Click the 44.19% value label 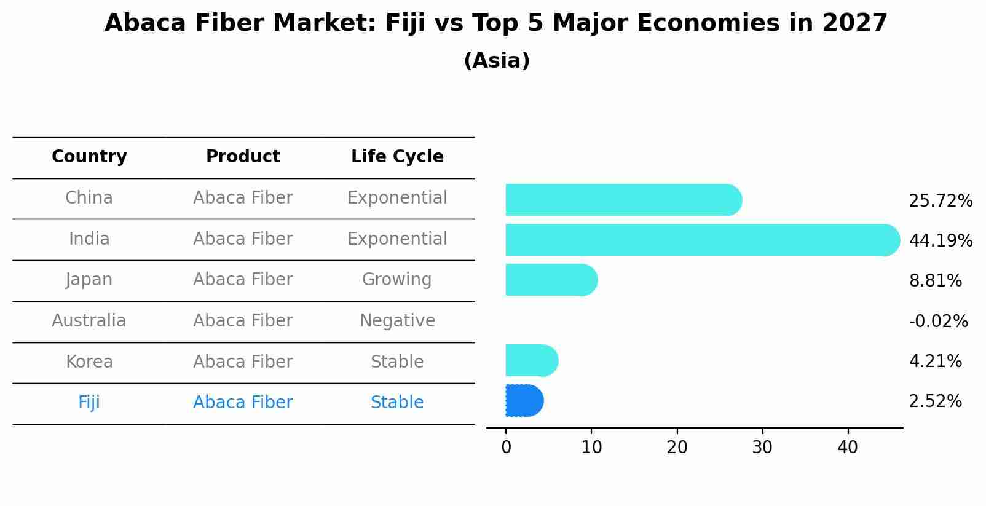tap(940, 240)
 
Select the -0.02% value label tap(938, 321)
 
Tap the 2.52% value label tap(935, 401)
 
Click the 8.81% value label tap(935, 281)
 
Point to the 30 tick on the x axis tap(762, 448)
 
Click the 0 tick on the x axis tap(506, 448)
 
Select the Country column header tap(89, 157)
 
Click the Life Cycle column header tap(397, 157)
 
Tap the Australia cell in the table tap(89, 321)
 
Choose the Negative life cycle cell tap(397, 321)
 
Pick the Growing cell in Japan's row tap(397, 280)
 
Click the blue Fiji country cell tap(89, 403)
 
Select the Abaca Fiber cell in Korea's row tap(243, 362)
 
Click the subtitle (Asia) tap(496, 61)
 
